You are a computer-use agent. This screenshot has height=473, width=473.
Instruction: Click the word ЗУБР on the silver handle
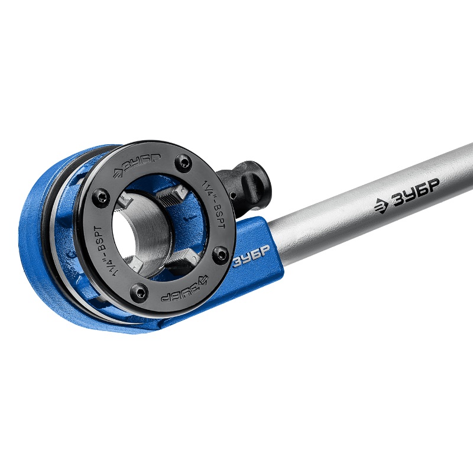(x=415, y=193)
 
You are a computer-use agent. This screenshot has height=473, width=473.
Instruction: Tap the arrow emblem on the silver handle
(x=381, y=206)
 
